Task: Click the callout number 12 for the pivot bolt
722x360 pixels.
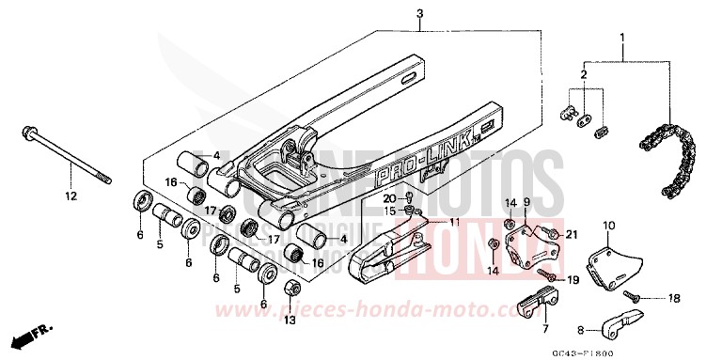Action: [x=69, y=196]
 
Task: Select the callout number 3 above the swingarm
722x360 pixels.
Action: [x=394, y=13]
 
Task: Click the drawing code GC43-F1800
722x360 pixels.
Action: [x=662, y=350]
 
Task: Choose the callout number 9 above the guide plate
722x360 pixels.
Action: [x=528, y=203]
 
